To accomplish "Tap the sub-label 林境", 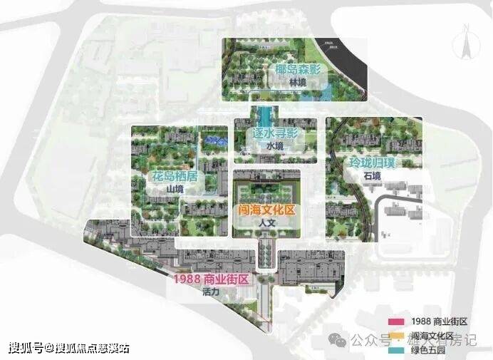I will coord(297,83).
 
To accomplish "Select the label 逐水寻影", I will coord(274,133).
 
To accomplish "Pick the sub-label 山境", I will coord(175,188).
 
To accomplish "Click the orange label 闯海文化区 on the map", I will coord(267,210).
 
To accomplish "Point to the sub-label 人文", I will coord(267,223).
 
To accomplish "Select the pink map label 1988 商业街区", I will coord(211,279).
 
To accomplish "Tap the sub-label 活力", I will coord(210,292).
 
